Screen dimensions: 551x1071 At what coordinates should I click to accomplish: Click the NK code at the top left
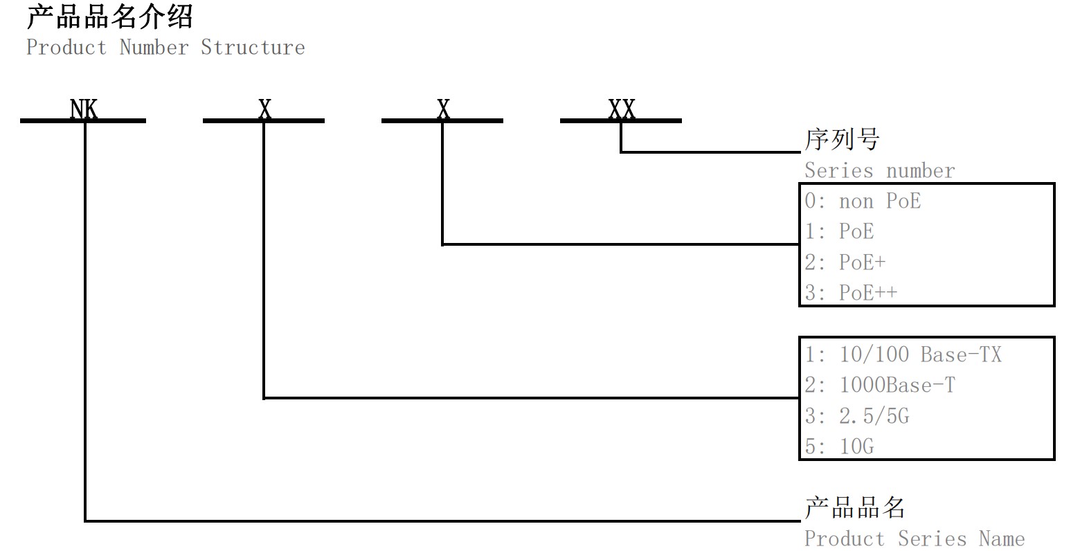pos(84,109)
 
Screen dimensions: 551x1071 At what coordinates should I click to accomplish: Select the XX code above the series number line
pos(622,109)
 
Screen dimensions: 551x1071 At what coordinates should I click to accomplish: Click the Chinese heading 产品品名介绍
pos(109,17)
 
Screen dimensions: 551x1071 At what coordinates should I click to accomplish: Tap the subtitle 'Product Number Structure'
pos(165,48)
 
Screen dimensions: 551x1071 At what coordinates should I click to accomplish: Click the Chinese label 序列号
pos(841,140)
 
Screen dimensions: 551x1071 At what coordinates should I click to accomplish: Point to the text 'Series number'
pos(879,170)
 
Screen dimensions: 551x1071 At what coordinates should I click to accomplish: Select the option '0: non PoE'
pos(863,201)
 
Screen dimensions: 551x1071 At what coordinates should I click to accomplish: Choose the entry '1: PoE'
pos(839,232)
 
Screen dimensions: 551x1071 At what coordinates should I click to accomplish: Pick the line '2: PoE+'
pos(845,262)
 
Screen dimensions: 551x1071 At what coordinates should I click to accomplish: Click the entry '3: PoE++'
pos(851,293)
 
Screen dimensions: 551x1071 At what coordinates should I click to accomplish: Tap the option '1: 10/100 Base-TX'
pos(903,355)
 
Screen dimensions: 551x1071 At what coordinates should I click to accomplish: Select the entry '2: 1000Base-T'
pos(880,386)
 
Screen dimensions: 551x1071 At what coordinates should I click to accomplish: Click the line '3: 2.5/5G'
pos(857,416)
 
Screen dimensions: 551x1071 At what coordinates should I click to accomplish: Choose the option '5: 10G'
pos(839,446)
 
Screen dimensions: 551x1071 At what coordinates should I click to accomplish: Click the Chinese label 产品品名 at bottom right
pos(854,507)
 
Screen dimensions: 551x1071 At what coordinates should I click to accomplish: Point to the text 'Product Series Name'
pos(914,539)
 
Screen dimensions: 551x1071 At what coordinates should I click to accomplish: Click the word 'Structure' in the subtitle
pos(253,48)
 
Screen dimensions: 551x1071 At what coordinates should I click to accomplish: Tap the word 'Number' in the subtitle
pos(154,48)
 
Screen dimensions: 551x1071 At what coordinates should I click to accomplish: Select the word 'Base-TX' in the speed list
pos(961,355)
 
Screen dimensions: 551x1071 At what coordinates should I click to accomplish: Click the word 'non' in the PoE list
pos(856,202)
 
